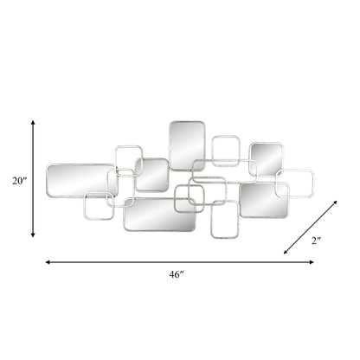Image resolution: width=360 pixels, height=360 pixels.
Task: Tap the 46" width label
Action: tap(177, 274)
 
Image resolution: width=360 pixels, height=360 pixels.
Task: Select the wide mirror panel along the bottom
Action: tap(159, 215)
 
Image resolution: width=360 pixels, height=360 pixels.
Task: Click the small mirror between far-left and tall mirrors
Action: tap(152, 175)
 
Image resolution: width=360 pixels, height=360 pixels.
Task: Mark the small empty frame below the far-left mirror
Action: tap(99, 205)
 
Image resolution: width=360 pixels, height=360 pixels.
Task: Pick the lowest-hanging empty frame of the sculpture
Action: tap(224, 223)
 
